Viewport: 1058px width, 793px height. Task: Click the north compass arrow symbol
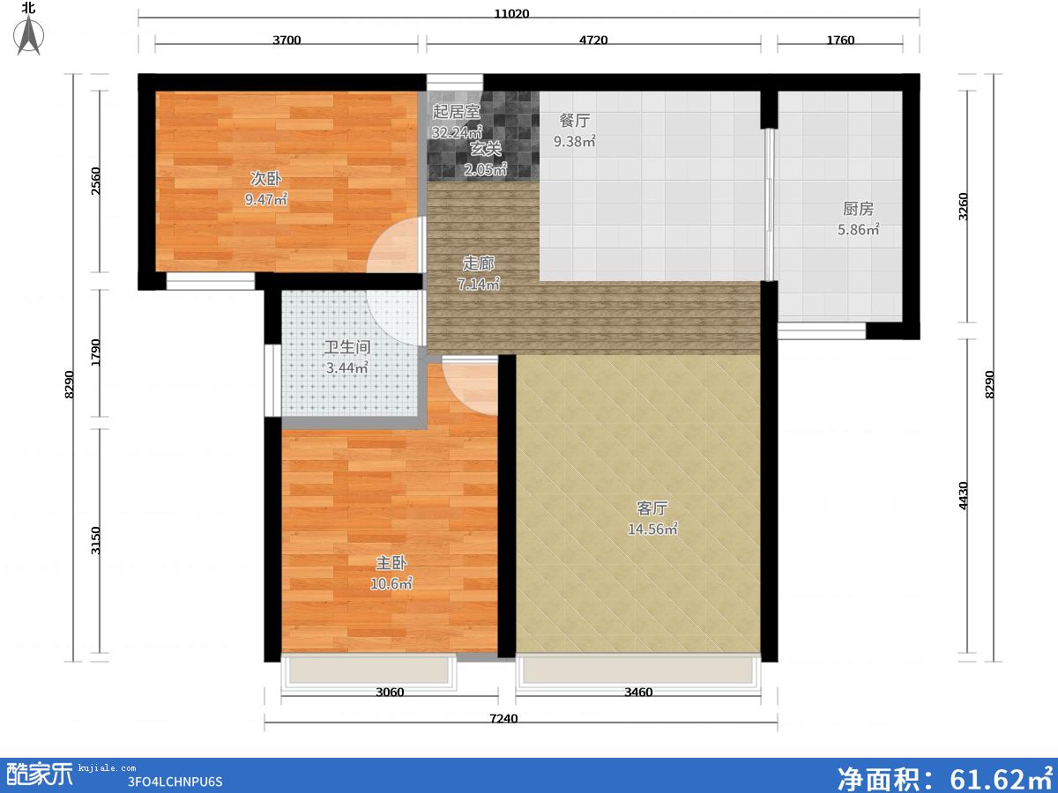[x=28, y=35]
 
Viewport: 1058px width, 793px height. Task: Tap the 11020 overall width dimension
[x=511, y=13]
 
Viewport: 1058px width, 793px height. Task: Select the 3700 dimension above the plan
[x=287, y=40]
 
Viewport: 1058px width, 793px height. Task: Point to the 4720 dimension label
[x=593, y=40]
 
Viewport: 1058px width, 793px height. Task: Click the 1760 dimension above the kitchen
[x=840, y=40]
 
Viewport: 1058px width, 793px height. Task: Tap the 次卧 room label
[x=265, y=179]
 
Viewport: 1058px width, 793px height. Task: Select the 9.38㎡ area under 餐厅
[x=574, y=142]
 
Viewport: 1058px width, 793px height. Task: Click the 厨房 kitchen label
[x=858, y=209]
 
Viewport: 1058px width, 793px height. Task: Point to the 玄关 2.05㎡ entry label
[x=486, y=159]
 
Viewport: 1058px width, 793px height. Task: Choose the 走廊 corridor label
[x=478, y=263]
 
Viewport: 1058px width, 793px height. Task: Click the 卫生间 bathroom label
[x=347, y=346]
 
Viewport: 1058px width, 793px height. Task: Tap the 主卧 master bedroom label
[x=391, y=562]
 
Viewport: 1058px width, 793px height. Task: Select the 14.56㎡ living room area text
[x=652, y=530]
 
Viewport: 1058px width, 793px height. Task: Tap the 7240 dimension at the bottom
[x=503, y=718]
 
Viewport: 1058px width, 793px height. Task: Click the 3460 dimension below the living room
[x=638, y=692]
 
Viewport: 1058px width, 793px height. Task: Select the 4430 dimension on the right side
[x=963, y=495]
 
